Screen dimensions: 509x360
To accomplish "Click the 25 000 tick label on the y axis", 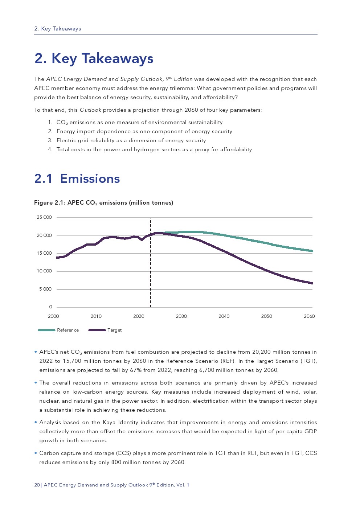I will click(44, 217).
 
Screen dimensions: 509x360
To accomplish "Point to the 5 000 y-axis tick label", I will click(45, 289).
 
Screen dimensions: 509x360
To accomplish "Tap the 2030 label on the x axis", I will click(181, 316).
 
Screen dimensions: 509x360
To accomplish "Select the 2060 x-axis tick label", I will click(309, 316).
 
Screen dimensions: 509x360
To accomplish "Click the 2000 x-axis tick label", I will click(53, 316).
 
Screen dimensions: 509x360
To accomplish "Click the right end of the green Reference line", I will click(312, 251).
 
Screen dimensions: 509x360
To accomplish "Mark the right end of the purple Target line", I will click(312, 283).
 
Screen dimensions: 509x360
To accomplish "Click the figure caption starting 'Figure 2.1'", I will click(103, 203).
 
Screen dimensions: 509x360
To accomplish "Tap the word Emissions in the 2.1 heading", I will click(90, 179).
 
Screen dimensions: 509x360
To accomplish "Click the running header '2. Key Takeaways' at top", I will click(57, 29).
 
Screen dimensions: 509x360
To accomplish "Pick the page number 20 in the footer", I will click(37, 485).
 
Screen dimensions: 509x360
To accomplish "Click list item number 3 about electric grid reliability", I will click(131, 140).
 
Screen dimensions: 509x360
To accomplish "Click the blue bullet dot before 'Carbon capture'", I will click(36, 453).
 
